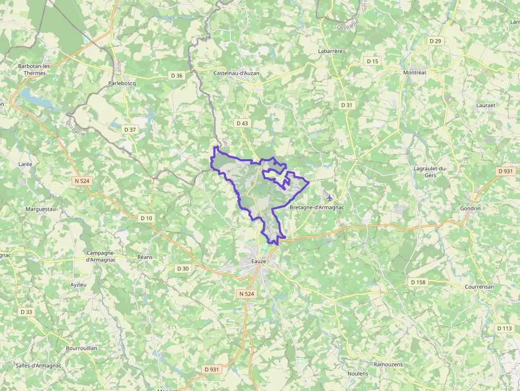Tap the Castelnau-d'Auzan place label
click(236, 73)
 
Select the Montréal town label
click(414, 73)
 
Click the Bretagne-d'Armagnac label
click(317, 207)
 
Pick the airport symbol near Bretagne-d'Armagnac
click(330, 198)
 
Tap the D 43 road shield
click(241, 123)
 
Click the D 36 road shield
click(177, 76)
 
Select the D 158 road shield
click(418, 282)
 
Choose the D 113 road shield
click(505, 328)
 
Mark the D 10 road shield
click(146, 218)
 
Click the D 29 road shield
click(436, 41)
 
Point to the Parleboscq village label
click(122, 83)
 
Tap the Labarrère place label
click(330, 51)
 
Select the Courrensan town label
click(479, 286)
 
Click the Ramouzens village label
click(388, 364)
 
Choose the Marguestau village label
click(41, 209)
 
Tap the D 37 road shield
click(130, 129)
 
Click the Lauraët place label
click(486, 106)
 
